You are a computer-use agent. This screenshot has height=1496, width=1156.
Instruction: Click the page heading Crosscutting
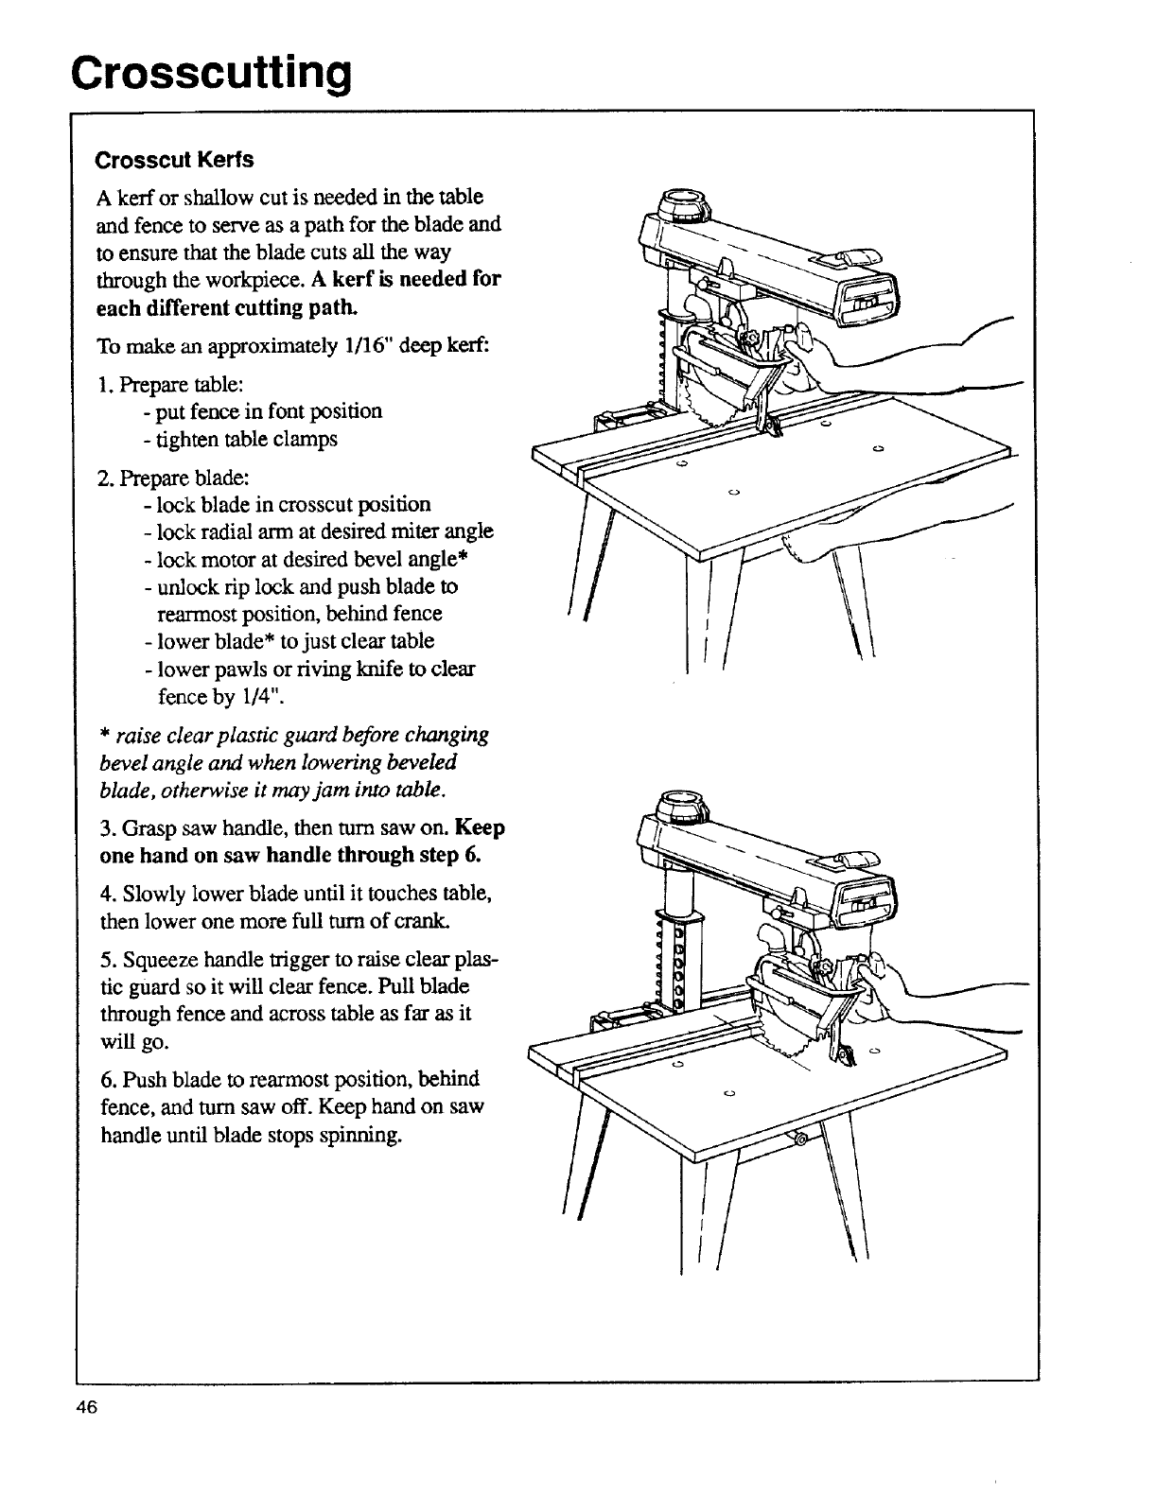tap(211, 73)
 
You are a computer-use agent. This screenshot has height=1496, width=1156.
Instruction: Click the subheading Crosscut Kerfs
tap(174, 160)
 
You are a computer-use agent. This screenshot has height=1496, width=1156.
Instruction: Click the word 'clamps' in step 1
tap(312, 440)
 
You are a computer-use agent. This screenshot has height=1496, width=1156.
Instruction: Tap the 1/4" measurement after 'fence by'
tap(262, 697)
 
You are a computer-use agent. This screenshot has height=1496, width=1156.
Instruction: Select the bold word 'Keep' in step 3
tap(480, 828)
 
